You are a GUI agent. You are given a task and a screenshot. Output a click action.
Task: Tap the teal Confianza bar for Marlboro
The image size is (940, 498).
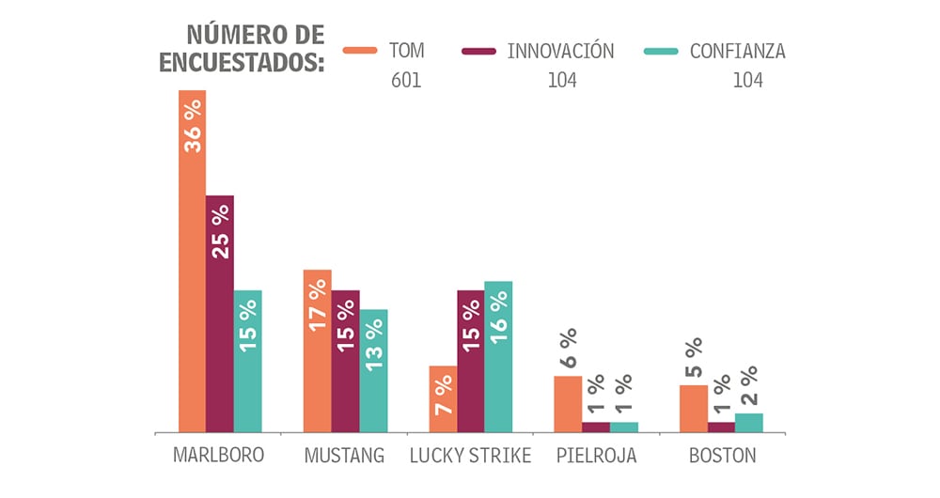[248, 361]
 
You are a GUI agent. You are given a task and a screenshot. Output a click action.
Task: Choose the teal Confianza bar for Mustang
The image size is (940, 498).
[373, 371]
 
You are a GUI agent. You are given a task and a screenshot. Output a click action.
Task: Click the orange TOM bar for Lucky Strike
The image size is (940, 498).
[443, 399]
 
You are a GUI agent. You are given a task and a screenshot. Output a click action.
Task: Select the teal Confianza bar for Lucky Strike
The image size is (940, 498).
[498, 357]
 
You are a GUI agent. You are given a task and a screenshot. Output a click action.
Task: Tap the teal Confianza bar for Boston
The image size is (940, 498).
[749, 423]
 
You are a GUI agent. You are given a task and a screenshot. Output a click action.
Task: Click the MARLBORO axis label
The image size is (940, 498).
[219, 456]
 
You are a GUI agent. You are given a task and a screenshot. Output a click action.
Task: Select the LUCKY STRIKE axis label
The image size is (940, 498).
[470, 457]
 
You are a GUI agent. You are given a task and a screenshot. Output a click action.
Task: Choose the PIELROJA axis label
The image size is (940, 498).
[596, 457]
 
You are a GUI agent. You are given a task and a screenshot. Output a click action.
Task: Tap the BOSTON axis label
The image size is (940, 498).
[722, 457]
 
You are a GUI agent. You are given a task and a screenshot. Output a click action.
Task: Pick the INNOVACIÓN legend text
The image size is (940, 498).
[560, 52]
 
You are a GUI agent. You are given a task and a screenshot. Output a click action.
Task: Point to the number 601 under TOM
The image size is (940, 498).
[406, 81]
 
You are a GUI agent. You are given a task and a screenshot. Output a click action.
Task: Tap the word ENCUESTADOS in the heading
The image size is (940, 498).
[242, 62]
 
